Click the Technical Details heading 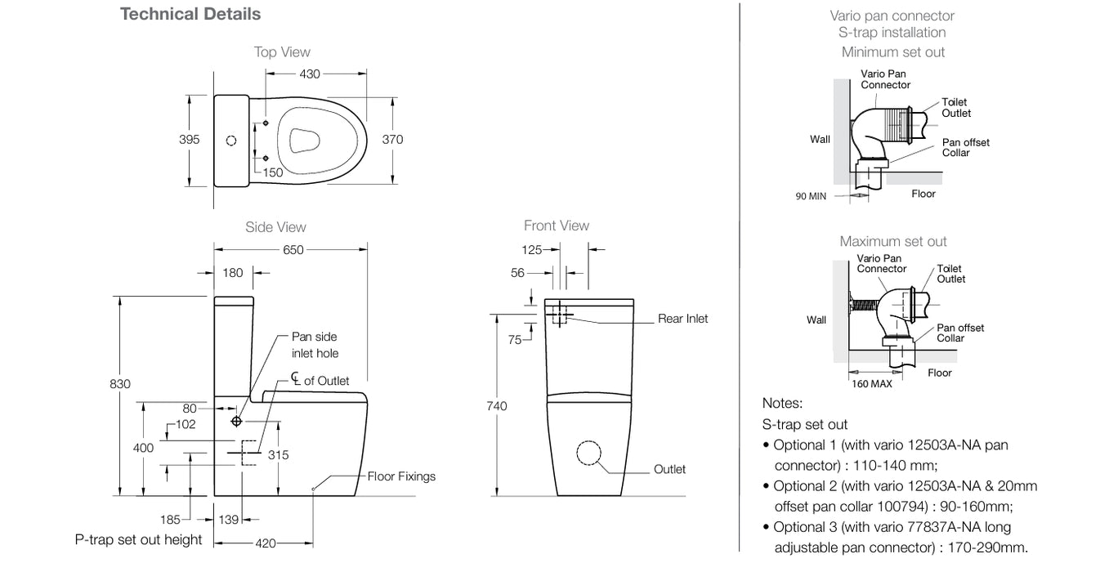[190, 14]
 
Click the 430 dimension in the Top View [310, 74]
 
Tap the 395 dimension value [189, 140]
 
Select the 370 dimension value [392, 140]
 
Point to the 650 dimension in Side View [293, 249]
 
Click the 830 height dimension [120, 383]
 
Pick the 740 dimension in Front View [496, 406]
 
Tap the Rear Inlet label [682, 319]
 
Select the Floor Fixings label [401, 476]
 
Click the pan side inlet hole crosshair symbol [237, 421]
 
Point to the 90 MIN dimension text [812, 196]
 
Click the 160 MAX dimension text [871, 384]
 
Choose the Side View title [275, 227]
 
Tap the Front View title [557, 226]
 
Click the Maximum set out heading [893, 241]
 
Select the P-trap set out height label [138, 539]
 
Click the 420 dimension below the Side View [266, 543]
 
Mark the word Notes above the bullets [782, 403]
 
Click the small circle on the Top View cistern [230, 140]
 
